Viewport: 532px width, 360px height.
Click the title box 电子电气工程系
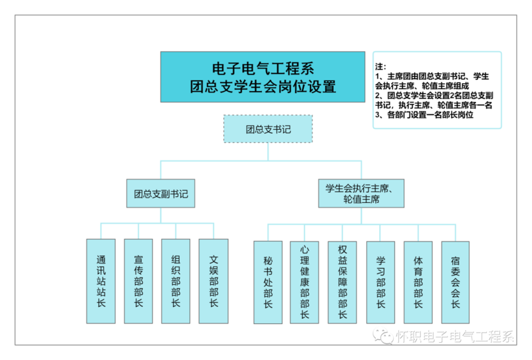[263, 76]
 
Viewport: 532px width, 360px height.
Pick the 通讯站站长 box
[101, 281]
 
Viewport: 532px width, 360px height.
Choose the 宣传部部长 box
[138, 281]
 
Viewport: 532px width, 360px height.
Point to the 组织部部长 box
[176, 281]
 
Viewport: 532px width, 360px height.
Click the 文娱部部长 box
[213, 281]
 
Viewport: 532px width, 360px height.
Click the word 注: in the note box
[381, 67]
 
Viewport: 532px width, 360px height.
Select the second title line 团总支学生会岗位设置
[263, 87]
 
